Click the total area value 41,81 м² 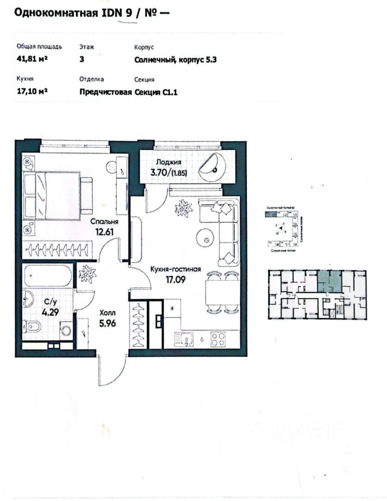[32, 59]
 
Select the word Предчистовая [105, 93]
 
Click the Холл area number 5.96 [107, 322]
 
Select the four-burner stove [218, 339]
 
